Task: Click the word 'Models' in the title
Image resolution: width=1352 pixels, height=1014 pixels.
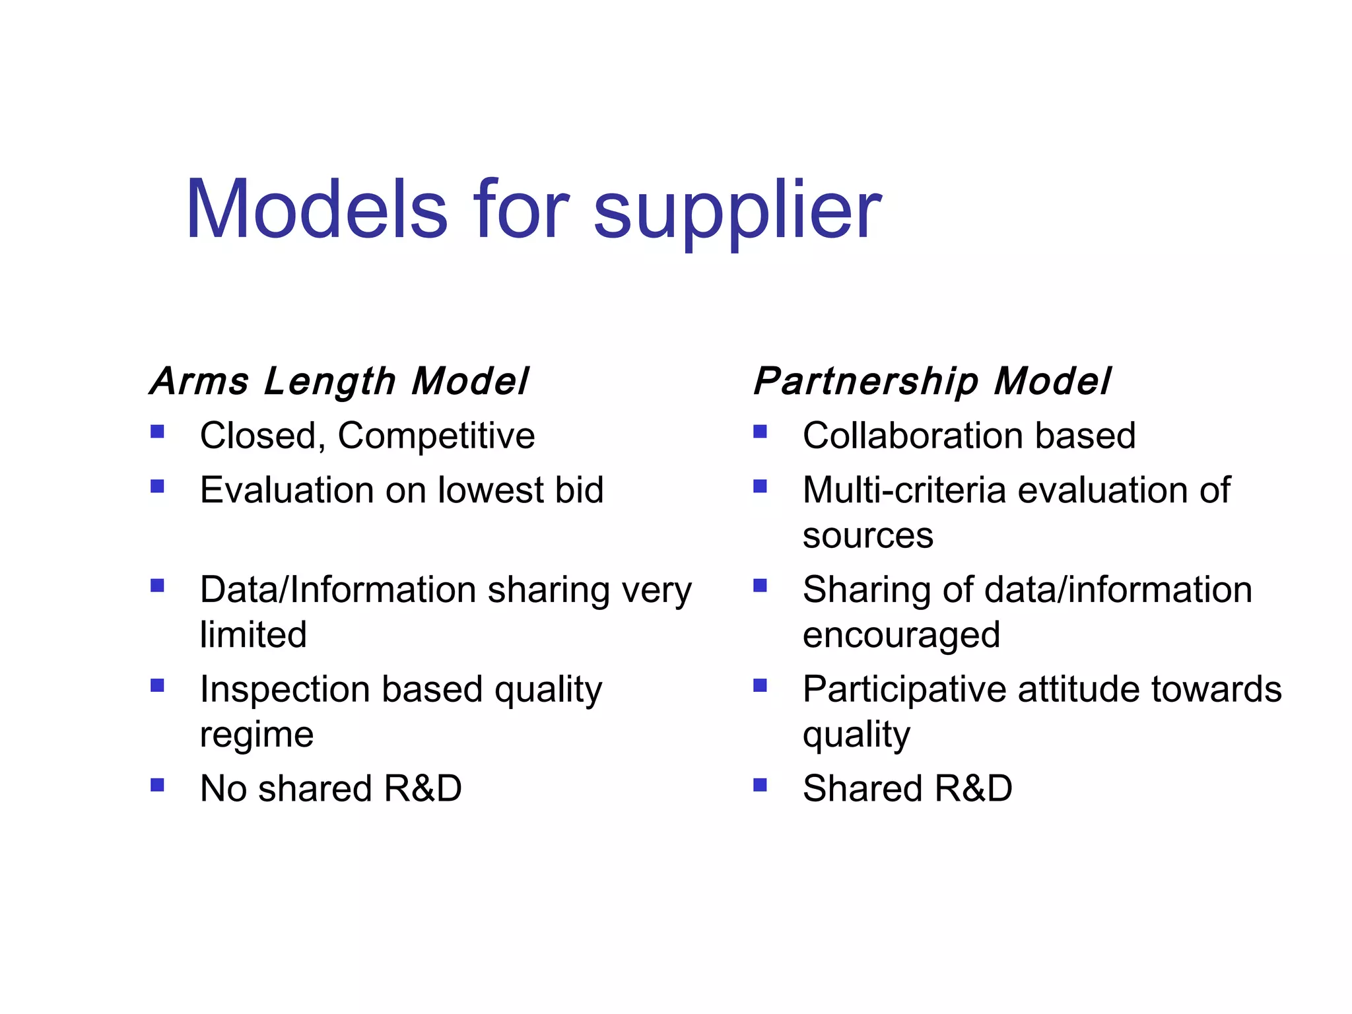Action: (317, 210)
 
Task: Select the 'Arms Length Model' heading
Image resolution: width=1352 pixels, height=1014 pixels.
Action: (339, 382)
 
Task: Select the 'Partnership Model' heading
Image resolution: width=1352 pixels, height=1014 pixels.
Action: (932, 382)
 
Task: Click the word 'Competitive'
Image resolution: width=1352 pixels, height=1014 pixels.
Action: (436, 436)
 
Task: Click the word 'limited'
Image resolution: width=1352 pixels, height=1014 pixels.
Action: (253, 634)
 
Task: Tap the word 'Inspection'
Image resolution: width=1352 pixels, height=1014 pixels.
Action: (285, 690)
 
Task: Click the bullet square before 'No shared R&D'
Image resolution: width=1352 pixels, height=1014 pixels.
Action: (157, 785)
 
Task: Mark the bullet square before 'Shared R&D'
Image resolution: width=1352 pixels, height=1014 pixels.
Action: (760, 785)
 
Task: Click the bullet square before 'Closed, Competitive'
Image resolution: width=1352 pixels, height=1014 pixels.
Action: (157, 432)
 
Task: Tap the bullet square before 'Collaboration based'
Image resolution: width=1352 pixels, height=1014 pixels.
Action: (760, 432)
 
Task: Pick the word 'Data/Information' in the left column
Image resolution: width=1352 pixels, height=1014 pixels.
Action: (338, 590)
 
